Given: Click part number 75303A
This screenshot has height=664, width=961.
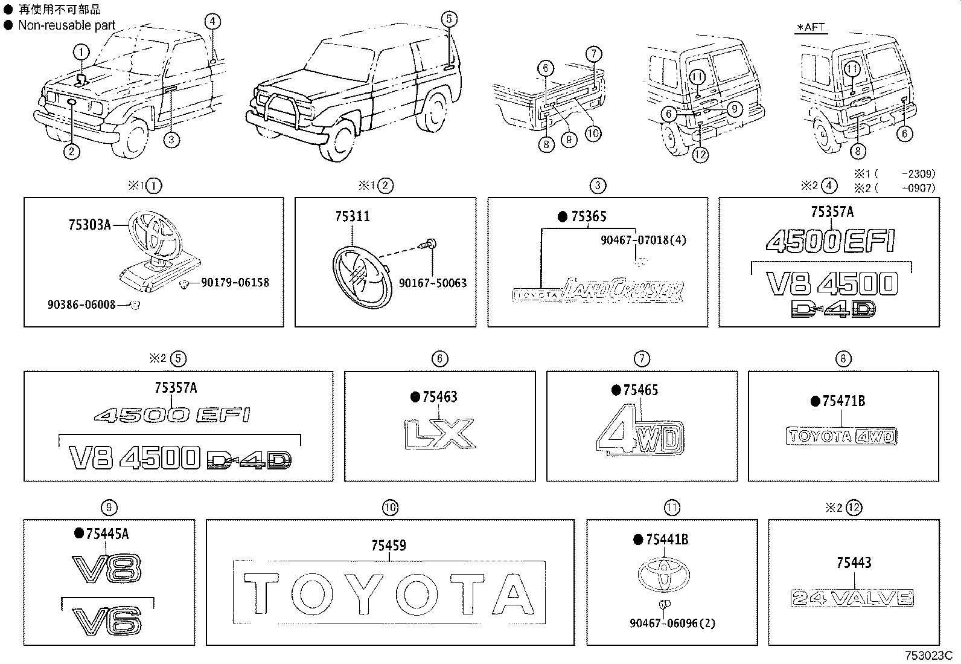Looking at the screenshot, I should pos(89,225).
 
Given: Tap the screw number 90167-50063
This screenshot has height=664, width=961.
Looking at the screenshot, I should pos(432,283).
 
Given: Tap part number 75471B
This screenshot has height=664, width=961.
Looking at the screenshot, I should pos(843,401).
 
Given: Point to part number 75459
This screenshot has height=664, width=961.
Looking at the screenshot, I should pos(388,546).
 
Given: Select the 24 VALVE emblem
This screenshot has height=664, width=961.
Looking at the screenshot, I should pos(852,598).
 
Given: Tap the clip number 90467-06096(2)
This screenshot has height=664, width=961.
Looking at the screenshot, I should pos(672,624).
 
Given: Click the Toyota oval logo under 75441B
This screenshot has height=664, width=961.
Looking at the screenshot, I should pos(664,573).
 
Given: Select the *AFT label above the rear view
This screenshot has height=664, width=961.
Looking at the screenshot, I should pos(810,27).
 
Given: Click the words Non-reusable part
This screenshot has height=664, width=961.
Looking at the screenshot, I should pos(66,25).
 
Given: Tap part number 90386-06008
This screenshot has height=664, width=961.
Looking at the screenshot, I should pos(81,305).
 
